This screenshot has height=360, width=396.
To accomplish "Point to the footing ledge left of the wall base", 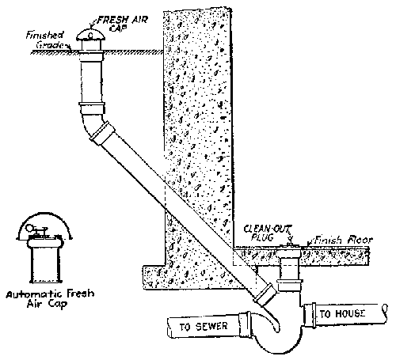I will point(152,274).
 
